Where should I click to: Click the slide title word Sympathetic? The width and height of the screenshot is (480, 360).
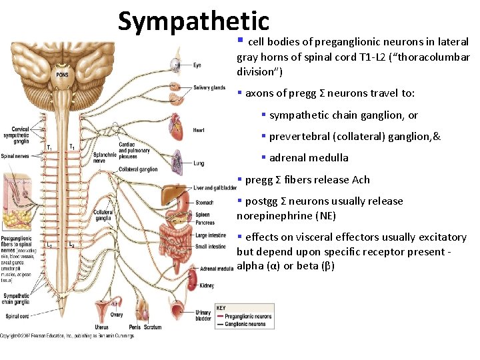tap(193, 21)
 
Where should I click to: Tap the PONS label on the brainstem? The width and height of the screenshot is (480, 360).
tap(62, 75)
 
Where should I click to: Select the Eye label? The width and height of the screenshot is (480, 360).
tap(197, 65)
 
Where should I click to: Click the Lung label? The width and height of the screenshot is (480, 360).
tap(198, 163)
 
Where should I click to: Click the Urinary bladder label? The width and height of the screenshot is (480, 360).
tap(203, 315)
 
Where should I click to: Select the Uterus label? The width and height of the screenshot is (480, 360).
tap(101, 327)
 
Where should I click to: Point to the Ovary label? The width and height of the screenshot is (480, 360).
tap(116, 315)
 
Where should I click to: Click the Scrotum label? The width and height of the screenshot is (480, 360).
tap(152, 327)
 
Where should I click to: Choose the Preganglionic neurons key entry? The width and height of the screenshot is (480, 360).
tap(248, 317)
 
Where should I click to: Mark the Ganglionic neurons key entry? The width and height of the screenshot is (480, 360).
tap(245, 324)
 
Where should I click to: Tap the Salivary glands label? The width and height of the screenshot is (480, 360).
tap(209, 87)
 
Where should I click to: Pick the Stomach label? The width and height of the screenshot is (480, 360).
tap(205, 202)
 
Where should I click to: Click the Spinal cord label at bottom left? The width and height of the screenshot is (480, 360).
tap(17, 316)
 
